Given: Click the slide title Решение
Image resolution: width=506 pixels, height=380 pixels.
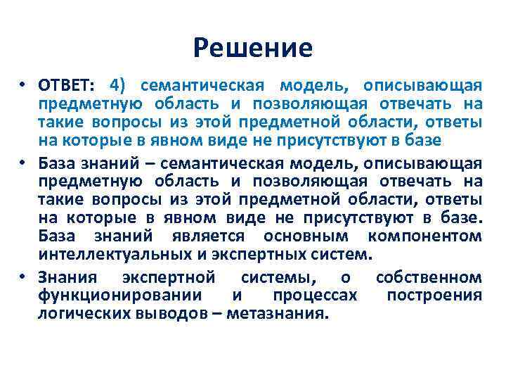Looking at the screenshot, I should [x=253, y=48].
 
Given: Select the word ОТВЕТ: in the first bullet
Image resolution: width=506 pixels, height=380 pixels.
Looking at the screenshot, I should [x=68, y=86].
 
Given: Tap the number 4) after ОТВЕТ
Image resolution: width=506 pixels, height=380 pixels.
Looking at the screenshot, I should [x=117, y=86].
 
